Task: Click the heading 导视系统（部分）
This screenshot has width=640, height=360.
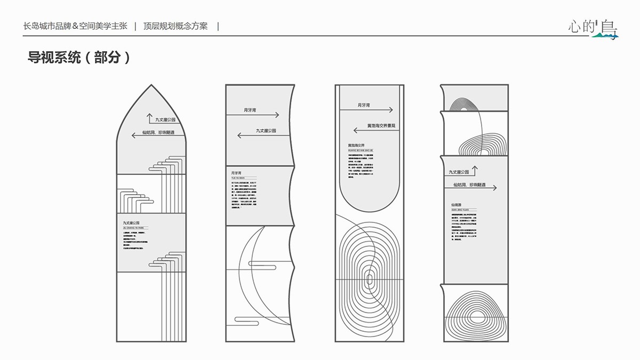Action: pos(79,58)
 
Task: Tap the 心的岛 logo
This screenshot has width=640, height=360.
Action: pos(592,27)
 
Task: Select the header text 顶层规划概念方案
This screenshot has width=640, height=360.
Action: pos(175,26)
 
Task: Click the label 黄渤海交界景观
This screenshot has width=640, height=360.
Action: pos(381,126)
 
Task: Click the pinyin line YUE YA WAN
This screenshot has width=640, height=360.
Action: pos(237,179)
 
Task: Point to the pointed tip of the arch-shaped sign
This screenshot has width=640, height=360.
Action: pos(151,85)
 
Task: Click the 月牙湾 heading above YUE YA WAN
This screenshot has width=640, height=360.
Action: pos(236,173)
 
